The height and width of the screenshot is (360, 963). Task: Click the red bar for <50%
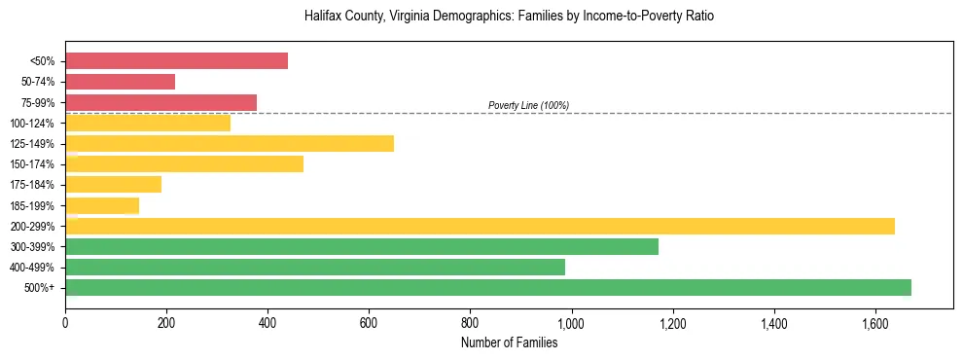tap(176, 61)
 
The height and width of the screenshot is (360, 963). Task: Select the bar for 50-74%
tap(120, 82)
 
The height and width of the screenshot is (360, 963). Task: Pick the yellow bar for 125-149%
tap(230, 144)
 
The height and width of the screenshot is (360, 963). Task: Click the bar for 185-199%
tap(102, 205)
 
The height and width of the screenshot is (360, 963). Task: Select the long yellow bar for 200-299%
tap(480, 227)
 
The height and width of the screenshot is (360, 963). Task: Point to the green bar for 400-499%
tap(315, 268)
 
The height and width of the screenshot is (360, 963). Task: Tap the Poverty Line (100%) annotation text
tap(528, 105)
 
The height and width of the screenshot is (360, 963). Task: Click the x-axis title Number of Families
tap(509, 342)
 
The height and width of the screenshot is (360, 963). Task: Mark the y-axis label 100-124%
tap(32, 124)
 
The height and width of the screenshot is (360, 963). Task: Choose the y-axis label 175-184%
tap(32, 185)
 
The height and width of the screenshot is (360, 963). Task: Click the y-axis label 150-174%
tap(32, 164)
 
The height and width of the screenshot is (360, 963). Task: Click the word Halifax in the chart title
tap(322, 17)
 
